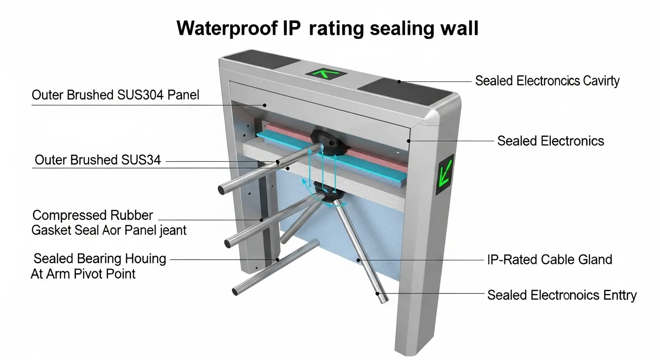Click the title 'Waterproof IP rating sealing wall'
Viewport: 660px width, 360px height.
point(328,29)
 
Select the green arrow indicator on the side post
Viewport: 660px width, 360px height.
point(444,174)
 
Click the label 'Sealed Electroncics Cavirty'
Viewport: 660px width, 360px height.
point(547,81)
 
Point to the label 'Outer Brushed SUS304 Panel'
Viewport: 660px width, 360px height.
point(115,95)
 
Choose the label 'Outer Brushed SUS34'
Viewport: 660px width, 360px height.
point(98,160)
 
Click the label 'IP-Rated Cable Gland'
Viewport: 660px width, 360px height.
point(549,259)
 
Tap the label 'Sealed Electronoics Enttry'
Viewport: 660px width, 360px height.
point(562,295)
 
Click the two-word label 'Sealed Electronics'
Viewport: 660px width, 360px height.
point(550,141)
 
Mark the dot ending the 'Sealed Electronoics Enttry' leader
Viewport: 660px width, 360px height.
point(378,294)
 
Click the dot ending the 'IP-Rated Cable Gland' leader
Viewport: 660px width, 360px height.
point(358,259)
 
